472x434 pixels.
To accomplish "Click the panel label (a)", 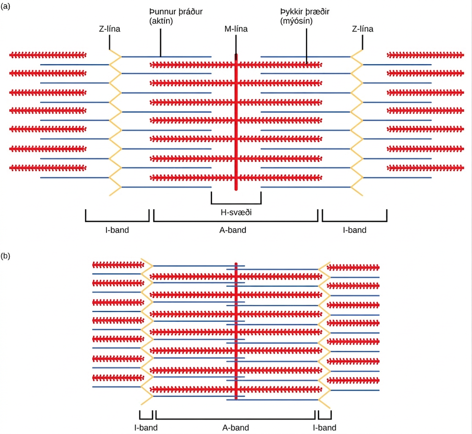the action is point(5,6).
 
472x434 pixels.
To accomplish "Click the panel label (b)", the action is point(5,256).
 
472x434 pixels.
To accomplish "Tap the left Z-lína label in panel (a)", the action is point(109,29).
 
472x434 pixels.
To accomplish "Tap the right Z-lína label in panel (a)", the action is point(363,29).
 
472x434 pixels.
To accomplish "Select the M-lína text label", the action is point(236,29).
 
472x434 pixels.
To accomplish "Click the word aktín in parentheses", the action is point(161,21).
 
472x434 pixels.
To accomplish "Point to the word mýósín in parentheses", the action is point(297,21).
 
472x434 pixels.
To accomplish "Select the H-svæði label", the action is point(236,212).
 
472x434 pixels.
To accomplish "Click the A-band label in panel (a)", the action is point(233,230).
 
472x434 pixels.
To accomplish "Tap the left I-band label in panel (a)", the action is point(117,230).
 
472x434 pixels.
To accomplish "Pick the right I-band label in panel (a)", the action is point(355,230).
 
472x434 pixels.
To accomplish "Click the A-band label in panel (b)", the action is point(236,427).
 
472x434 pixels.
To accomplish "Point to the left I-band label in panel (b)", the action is point(146,427).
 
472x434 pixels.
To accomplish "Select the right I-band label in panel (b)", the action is point(325,427).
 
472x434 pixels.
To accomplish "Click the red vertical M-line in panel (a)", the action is point(236,122).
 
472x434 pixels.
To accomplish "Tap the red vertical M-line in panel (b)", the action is point(236,331).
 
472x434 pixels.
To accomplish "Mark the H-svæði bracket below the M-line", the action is point(236,203).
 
